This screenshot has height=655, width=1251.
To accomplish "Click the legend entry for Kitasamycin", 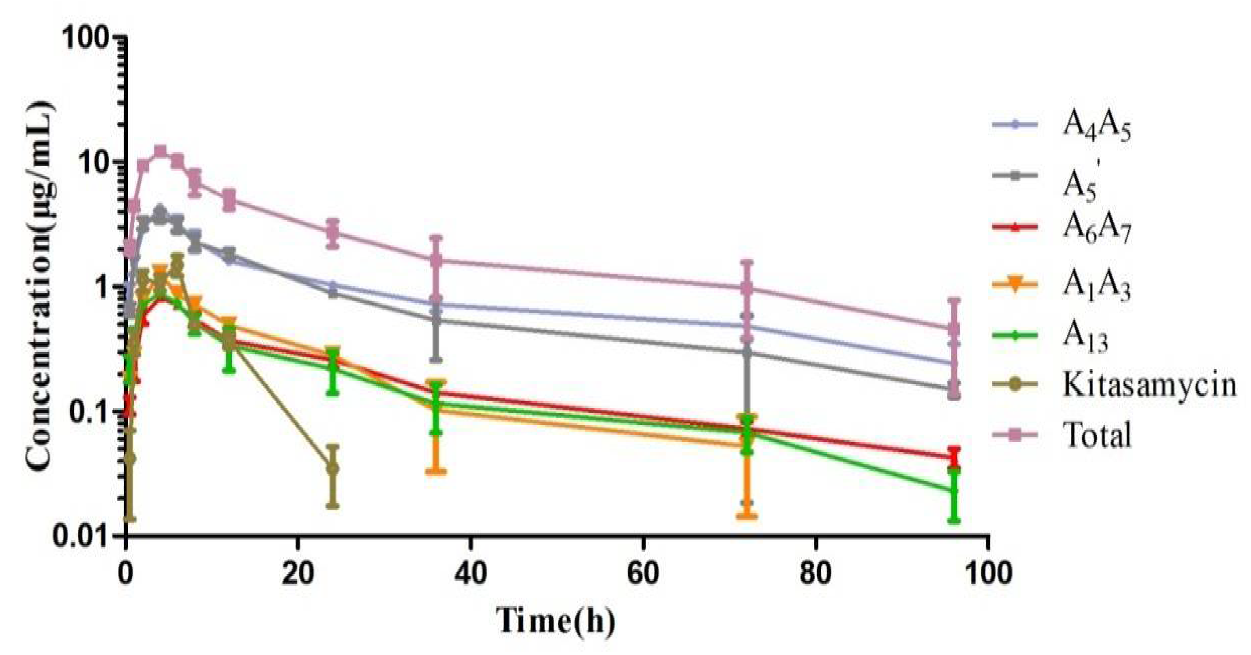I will pos(1149,384).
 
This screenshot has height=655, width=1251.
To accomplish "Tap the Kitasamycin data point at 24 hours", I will pos(332,469).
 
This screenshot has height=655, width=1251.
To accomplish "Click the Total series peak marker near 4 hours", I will pos(161,151).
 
